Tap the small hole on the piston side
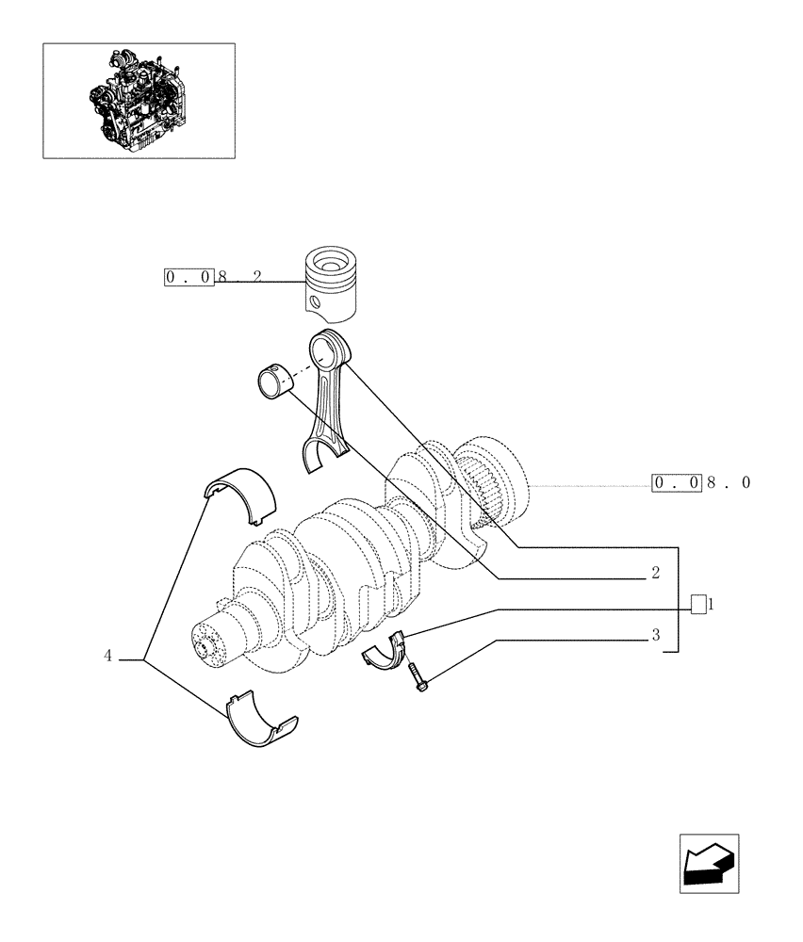pos(312,302)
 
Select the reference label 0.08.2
pos(213,278)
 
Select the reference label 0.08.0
pos(702,483)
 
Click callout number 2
pos(654,573)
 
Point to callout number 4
pos(108,655)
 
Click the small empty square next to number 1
pos(697,604)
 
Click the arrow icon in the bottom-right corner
pos(708,863)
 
